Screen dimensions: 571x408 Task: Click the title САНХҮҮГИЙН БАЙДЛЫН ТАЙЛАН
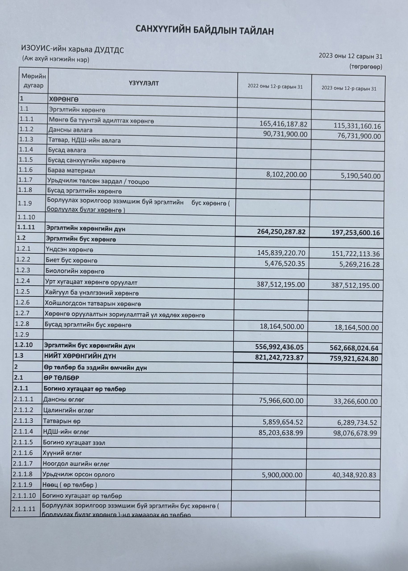pyautogui.click(x=204, y=30)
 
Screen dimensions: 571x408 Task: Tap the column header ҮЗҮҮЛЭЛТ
pyautogui.click(x=144, y=83)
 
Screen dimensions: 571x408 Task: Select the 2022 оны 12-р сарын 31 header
pyautogui.click(x=275, y=87)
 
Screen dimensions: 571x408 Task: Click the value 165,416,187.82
pyautogui.click(x=283, y=124)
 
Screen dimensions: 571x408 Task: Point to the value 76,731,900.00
pyautogui.click(x=359, y=137)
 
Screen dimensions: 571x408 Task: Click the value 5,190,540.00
pyautogui.click(x=360, y=176)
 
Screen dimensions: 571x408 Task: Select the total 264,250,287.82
pyautogui.click(x=281, y=232)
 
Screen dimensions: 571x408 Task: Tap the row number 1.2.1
pyautogui.click(x=23, y=249)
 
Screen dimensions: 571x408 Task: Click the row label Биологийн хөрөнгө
pyautogui.click(x=75, y=271)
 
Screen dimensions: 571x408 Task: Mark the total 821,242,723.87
pyautogui.click(x=279, y=358)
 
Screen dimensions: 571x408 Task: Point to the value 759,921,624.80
pyautogui.click(x=354, y=359)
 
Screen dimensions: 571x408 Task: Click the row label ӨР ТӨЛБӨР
pyautogui.click(x=61, y=378)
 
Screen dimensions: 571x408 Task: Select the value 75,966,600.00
pyautogui.click(x=281, y=401)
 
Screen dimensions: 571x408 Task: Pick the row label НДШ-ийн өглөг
pyautogui.click(x=66, y=432)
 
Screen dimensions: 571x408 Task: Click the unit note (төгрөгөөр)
pyautogui.click(x=366, y=67)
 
